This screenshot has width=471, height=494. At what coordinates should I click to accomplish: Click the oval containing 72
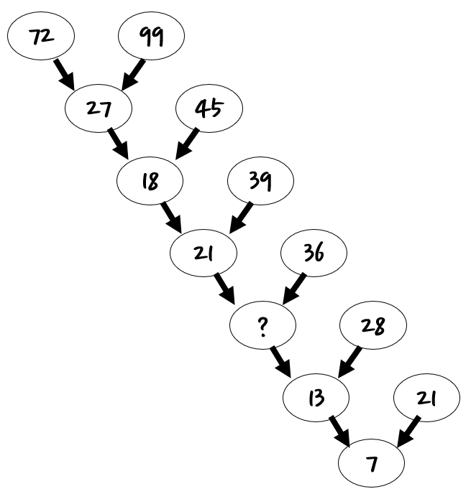coord(41,36)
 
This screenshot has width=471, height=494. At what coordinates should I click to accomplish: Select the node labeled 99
coord(152,36)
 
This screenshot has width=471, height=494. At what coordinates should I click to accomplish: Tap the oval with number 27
coord(99,108)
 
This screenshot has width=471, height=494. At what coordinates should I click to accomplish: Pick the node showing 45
coord(209,108)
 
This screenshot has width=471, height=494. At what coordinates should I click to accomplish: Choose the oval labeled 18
coord(150,181)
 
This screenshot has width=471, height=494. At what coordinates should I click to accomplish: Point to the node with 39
coord(260,181)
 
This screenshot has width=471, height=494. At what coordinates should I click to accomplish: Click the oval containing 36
coord(314,253)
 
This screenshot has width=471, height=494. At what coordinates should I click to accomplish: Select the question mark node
coord(262,325)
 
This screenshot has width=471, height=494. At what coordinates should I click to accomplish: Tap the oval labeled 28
coord(373,325)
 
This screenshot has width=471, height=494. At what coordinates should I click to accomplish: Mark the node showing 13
coord(316,398)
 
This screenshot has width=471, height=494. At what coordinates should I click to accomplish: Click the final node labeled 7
coord(371,463)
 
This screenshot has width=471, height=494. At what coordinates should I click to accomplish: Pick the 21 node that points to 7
coord(426,398)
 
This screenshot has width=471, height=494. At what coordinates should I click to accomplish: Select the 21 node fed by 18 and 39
coord(204,253)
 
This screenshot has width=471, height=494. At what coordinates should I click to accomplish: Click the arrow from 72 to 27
coord(64,75)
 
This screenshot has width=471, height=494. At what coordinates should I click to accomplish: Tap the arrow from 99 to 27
coord(133,75)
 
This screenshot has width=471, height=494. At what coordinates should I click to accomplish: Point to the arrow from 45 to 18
coord(188,144)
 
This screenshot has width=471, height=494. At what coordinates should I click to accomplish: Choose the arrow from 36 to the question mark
coord(294,289)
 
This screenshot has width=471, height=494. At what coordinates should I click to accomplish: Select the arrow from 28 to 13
coord(350,362)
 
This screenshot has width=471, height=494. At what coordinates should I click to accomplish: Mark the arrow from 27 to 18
coord(118,144)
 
